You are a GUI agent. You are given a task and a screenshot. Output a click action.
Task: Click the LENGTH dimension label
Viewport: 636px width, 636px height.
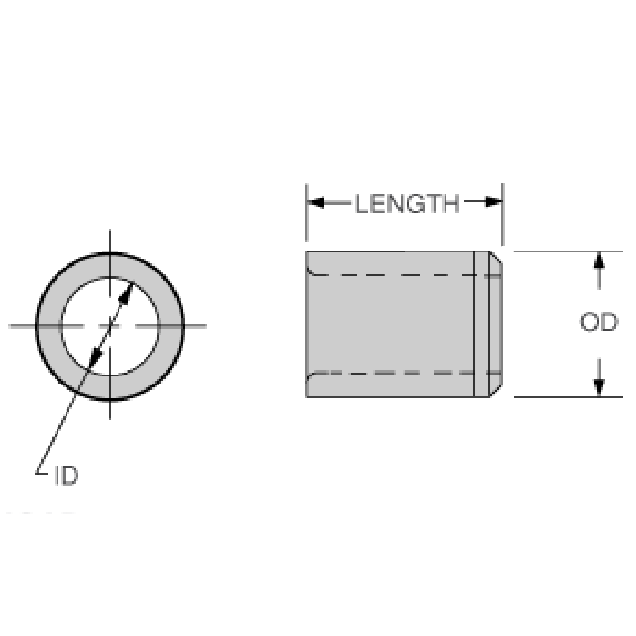407,204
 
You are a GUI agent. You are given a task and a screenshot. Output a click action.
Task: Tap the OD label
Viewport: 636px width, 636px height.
598,322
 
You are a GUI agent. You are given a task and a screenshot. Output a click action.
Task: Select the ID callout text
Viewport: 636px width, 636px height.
66,477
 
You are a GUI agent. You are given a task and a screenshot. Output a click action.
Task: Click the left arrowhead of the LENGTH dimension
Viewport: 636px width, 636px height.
315,203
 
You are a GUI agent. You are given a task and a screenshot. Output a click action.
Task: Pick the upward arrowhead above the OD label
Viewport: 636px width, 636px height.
599,260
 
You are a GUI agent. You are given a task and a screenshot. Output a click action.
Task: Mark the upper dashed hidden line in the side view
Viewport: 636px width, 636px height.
392,275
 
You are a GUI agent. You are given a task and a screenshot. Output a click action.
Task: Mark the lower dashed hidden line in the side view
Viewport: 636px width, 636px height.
392,372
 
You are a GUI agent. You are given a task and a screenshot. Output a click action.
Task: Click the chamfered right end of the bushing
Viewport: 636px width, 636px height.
495,324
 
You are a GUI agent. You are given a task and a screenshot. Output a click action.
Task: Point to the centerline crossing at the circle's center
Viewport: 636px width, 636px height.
110,326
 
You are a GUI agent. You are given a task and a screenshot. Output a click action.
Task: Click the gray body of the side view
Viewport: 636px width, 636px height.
392,324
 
